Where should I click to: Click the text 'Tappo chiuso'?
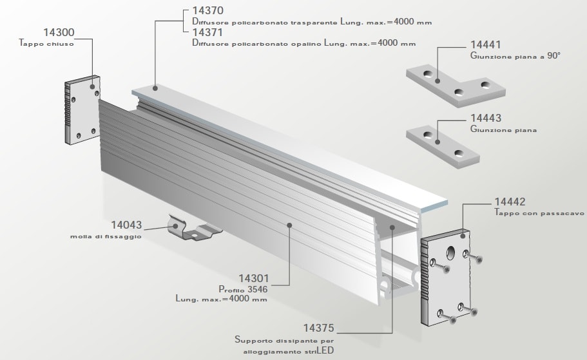(47, 45)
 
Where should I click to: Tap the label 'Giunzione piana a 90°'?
(515, 57)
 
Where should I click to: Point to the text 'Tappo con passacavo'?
(539, 212)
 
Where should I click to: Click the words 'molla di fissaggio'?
(106, 236)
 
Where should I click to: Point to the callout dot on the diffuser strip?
(155, 87)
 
